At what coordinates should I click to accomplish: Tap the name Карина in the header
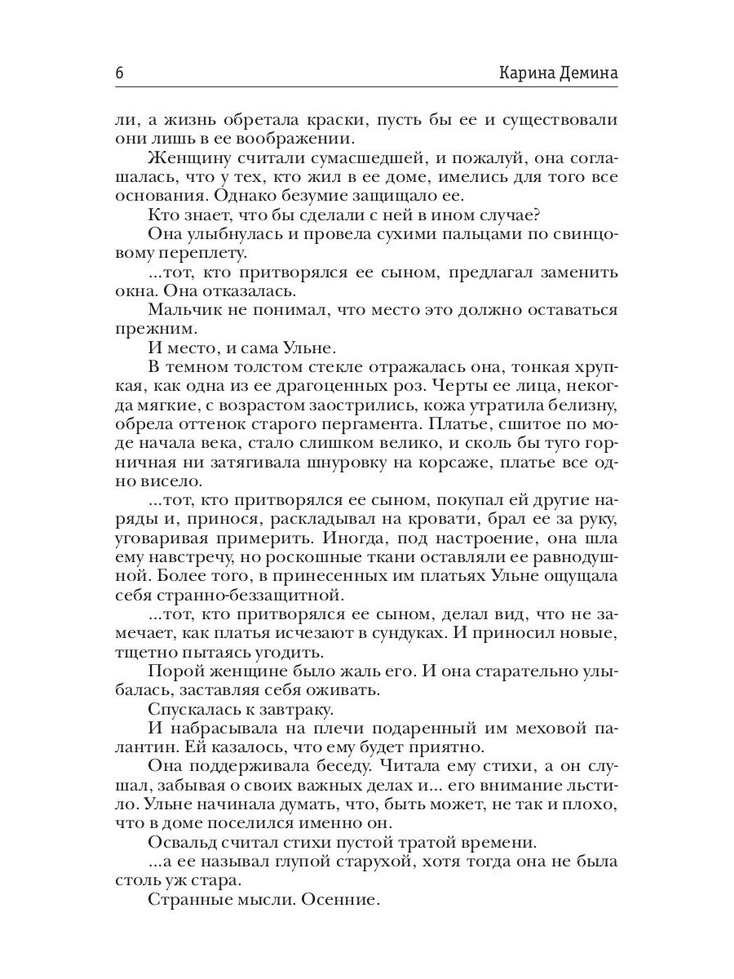(x=528, y=73)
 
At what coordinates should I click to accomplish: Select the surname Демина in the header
(x=590, y=73)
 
